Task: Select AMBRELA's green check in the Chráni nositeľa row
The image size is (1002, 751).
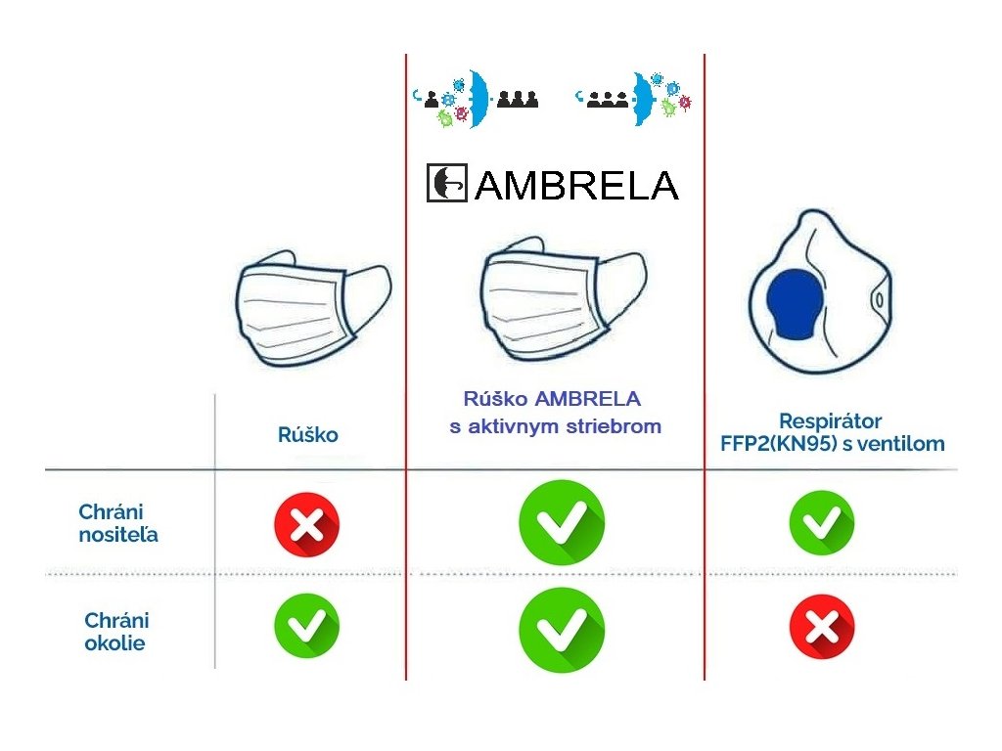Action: pyautogui.click(x=562, y=523)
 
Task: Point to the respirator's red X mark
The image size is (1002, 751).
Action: pyautogui.click(x=821, y=627)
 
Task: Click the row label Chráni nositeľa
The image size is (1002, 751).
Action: pyautogui.click(x=117, y=523)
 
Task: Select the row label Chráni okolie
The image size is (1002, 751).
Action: pyautogui.click(x=117, y=631)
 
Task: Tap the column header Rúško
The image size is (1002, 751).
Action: pyautogui.click(x=307, y=435)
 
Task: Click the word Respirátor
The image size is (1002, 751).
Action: pyautogui.click(x=831, y=421)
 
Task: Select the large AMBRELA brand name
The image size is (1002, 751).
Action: pyautogui.click(x=576, y=185)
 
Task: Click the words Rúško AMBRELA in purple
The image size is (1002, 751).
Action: pyautogui.click(x=552, y=399)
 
